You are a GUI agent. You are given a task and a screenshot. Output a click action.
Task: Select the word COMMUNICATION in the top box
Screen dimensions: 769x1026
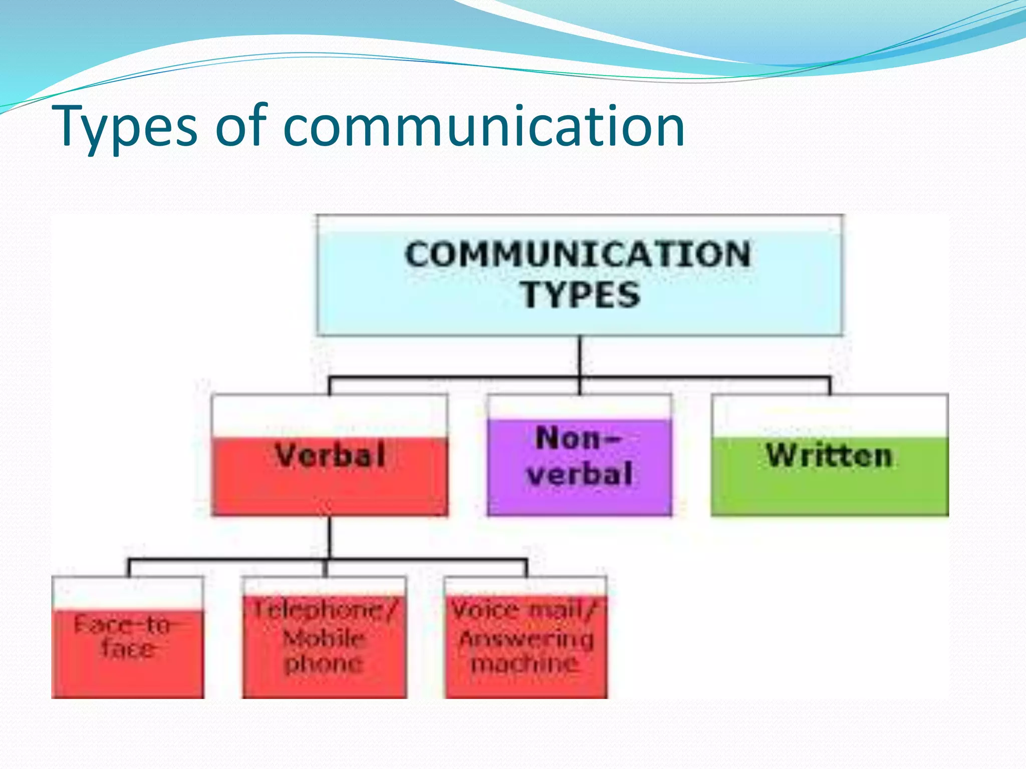[578, 254]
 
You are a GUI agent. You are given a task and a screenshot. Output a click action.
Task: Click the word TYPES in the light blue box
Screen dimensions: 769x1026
[581, 295]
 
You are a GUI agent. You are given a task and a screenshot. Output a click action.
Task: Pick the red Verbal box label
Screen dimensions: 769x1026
[330, 455]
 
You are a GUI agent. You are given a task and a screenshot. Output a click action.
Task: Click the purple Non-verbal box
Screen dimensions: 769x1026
[579, 466]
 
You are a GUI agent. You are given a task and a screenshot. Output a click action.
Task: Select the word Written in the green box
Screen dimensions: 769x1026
[830, 455]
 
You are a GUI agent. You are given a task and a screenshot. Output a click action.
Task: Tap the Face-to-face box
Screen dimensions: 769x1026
[127, 646]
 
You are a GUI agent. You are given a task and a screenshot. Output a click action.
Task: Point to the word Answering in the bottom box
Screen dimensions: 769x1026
[526, 639]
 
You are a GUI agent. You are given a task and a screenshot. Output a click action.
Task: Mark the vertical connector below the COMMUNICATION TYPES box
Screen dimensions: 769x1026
[580, 355]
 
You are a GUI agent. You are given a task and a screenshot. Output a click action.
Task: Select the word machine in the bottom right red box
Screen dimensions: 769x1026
[525, 664]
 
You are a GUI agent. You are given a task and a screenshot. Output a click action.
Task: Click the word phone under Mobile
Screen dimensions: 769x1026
[324, 664]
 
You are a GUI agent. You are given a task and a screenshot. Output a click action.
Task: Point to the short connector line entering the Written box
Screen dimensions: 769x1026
[830, 386]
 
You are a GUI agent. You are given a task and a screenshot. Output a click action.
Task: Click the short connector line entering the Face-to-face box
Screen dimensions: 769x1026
[129, 568]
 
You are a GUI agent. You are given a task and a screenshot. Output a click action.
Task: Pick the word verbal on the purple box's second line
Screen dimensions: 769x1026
[579, 474]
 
